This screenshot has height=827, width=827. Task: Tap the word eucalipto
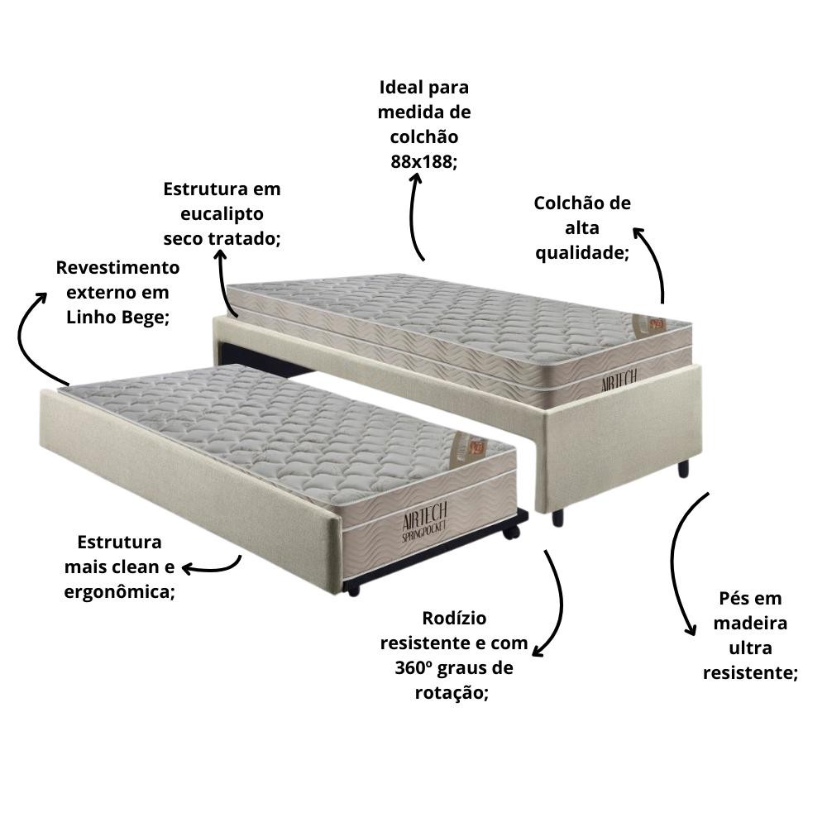(x=222, y=214)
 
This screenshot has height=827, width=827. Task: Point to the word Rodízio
(x=454, y=618)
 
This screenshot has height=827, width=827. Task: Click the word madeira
(x=750, y=623)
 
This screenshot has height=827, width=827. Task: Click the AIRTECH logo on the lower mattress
(x=424, y=521)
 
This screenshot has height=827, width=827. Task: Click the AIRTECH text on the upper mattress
(x=619, y=380)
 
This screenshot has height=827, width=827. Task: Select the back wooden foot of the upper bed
(x=683, y=468)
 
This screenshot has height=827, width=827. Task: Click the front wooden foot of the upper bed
(x=557, y=518)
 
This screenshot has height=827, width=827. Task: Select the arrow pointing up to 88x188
(x=413, y=216)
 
